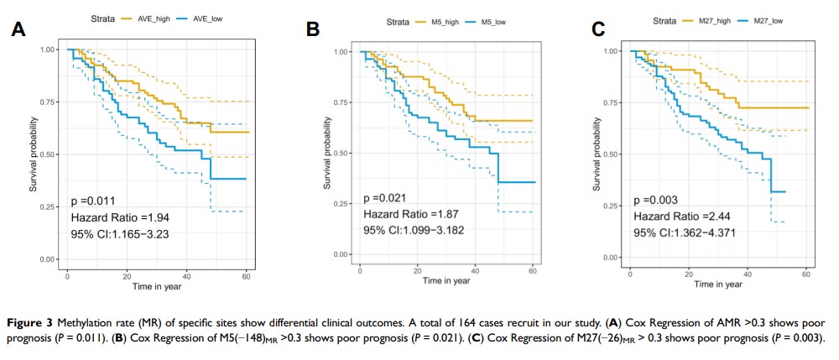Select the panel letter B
click(312, 30)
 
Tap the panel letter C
click(598, 30)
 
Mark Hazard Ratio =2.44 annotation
click(677, 217)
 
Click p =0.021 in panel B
click(384, 199)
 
